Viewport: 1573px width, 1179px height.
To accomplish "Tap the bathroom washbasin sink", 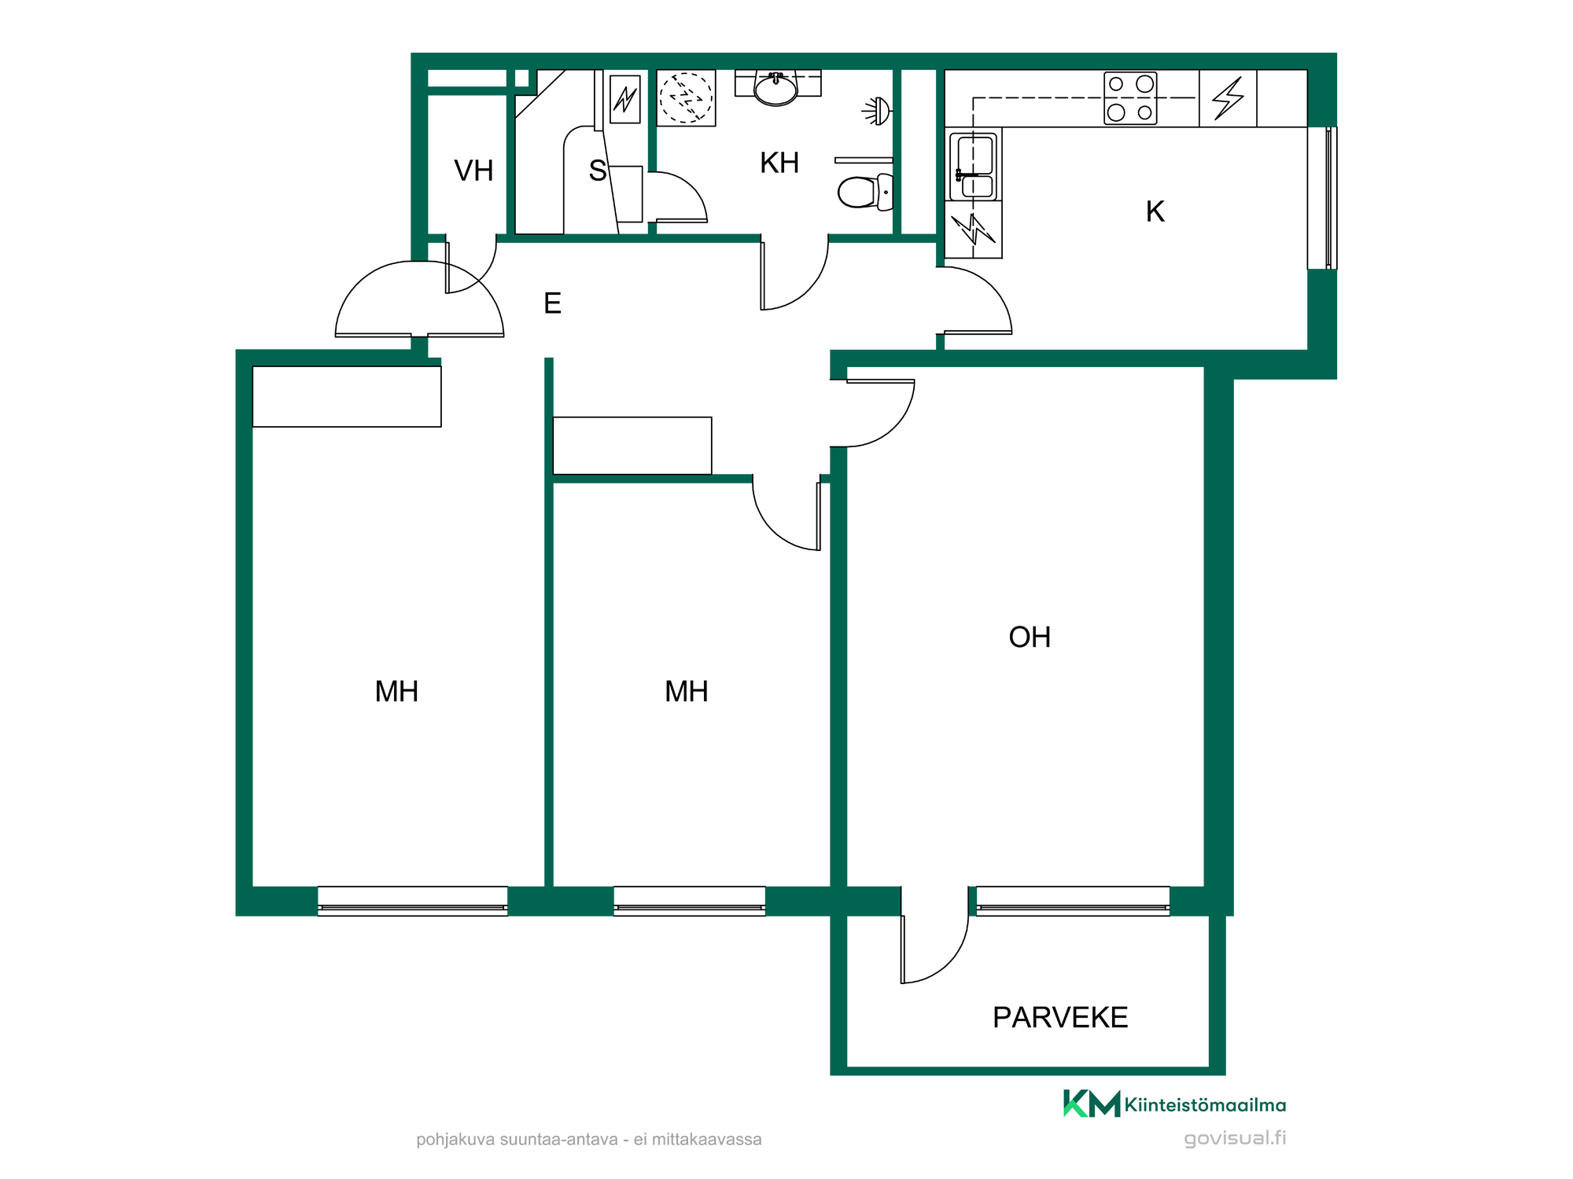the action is coord(776,88).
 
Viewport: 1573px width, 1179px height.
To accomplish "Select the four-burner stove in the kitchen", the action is coord(1130,98).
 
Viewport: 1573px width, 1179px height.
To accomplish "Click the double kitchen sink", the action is coord(974,167).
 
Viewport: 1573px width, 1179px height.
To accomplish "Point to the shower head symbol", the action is coord(878,111).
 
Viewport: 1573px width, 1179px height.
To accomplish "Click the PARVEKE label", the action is coord(1059,1017).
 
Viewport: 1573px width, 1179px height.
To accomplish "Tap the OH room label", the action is coord(1030,637).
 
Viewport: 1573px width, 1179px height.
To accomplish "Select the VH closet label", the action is coord(473,171).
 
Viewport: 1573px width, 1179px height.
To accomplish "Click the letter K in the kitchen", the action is coord(1155,211).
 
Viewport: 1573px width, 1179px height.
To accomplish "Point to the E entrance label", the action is coord(552,303).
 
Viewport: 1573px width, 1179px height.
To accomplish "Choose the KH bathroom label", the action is coord(779,163).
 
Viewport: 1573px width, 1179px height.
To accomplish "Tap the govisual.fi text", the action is coord(1235,1138).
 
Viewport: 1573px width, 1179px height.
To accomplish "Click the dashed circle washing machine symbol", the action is coord(686,97).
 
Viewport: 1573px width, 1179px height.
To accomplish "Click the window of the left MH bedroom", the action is coord(412,901).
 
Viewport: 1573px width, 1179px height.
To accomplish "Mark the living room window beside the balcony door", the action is coord(1073,901).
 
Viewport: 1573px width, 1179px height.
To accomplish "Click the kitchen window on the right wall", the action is coord(1322,198).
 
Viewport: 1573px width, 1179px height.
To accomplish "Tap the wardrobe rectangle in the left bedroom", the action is coord(347,397).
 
